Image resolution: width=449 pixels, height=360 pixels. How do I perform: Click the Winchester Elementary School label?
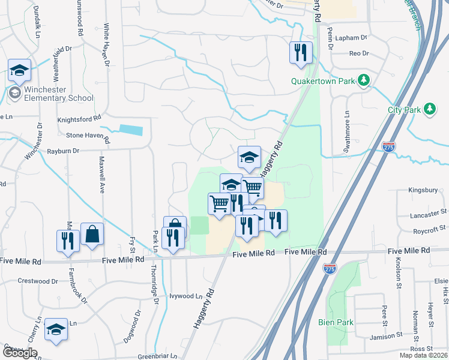(59, 94)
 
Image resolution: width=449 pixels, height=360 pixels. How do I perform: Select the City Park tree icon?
(429, 109)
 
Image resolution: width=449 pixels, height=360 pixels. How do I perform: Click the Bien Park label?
(336, 322)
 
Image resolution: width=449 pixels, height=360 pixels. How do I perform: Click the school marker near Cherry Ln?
(56, 329)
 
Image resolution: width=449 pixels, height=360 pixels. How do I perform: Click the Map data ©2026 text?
(423, 355)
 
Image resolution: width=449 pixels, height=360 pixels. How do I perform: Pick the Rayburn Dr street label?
(63, 151)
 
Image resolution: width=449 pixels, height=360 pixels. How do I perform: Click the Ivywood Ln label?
(186, 296)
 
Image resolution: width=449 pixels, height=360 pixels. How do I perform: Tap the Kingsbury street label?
(423, 190)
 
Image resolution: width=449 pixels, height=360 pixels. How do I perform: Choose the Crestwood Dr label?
(37, 281)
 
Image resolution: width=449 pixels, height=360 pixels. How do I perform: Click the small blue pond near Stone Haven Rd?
(131, 130)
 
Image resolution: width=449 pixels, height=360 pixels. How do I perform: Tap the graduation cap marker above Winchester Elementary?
(19, 71)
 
